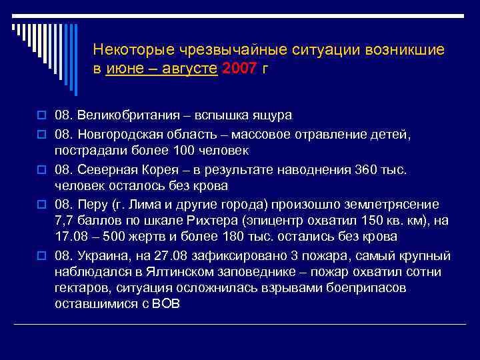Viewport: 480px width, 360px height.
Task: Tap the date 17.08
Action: coord(71,237)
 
